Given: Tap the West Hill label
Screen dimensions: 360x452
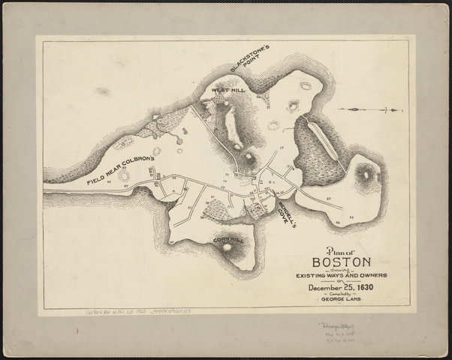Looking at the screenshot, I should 228,90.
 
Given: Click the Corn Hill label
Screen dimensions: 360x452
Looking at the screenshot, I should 228,239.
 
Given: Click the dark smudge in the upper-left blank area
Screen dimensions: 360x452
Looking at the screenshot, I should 103,91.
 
